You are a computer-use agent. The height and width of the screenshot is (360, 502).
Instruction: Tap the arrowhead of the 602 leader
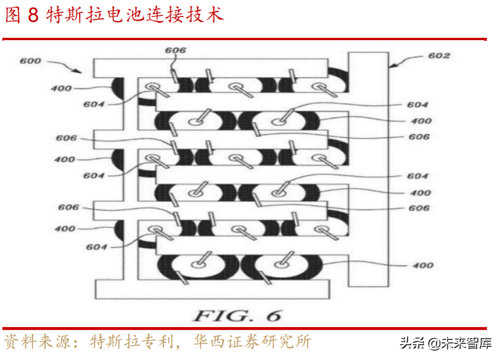click(391, 67)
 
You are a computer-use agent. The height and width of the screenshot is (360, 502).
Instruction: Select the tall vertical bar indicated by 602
click(368, 171)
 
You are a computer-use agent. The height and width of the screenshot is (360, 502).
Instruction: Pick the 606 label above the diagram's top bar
click(175, 51)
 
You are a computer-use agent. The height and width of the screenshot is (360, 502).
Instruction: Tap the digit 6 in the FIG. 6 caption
click(273, 315)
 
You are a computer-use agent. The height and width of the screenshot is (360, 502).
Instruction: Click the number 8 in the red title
click(32, 15)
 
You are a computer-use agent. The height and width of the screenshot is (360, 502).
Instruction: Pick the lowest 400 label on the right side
click(422, 266)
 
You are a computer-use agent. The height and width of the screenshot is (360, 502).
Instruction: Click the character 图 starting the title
click(13, 15)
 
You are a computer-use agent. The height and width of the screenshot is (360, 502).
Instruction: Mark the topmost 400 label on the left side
click(62, 89)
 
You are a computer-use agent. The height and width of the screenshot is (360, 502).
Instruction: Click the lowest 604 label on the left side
click(96, 247)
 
